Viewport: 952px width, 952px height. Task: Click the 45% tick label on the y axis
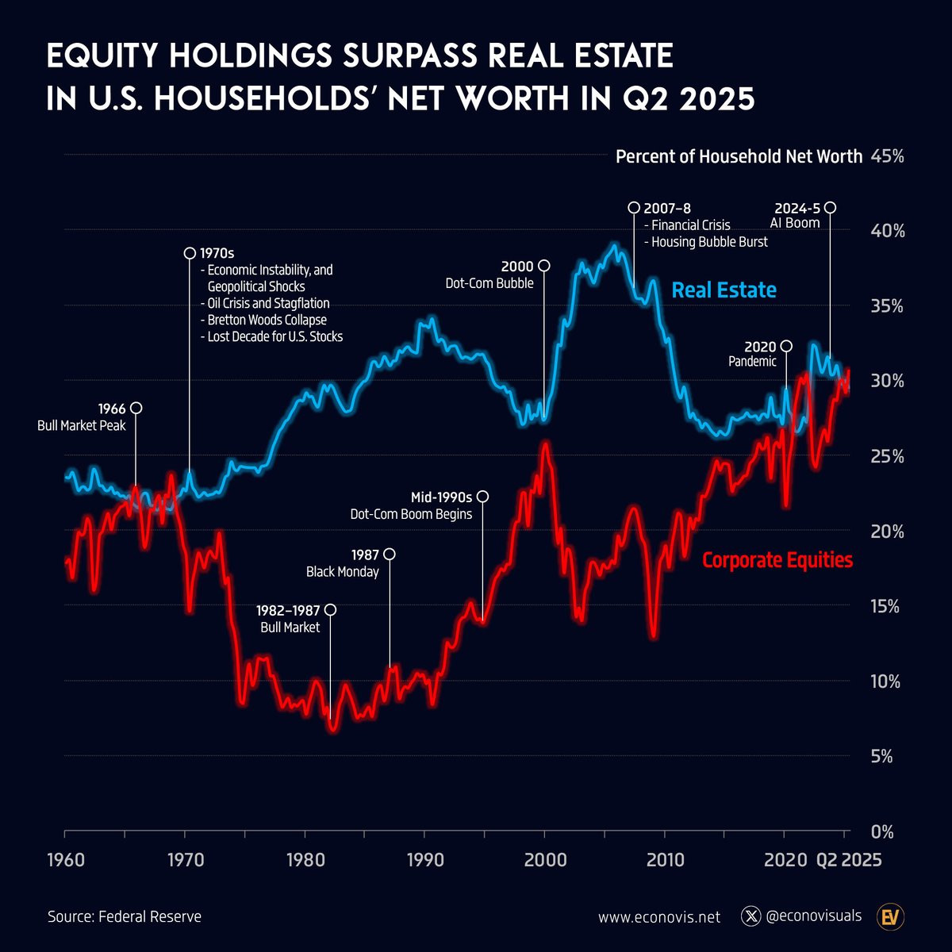click(x=887, y=156)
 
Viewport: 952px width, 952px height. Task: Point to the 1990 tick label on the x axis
click(x=424, y=860)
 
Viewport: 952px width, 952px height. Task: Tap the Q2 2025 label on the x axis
click(x=848, y=860)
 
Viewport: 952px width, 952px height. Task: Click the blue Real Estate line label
click(x=724, y=290)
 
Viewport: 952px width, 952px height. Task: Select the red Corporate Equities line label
click(x=777, y=560)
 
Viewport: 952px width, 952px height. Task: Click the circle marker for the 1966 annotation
click(x=136, y=408)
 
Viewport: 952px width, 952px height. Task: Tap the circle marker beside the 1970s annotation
click(x=190, y=253)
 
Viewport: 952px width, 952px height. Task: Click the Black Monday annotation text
click(x=342, y=572)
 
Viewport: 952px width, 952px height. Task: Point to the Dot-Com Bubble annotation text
click(x=489, y=283)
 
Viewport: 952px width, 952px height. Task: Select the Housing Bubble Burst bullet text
click(x=708, y=242)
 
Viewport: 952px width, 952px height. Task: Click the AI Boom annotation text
click(x=794, y=223)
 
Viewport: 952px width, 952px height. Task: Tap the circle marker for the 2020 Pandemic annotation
click(x=786, y=346)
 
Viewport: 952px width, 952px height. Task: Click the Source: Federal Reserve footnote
click(x=125, y=917)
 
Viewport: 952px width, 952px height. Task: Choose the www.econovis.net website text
click(x=659, y=917)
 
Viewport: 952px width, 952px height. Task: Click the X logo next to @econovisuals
click(x=750, y=916)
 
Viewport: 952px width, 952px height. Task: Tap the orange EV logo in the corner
click(x=891, y=917)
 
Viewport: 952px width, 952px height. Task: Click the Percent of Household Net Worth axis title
click(x=739, y=156)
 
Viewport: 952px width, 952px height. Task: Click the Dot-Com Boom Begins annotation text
click(x=411, y=514)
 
